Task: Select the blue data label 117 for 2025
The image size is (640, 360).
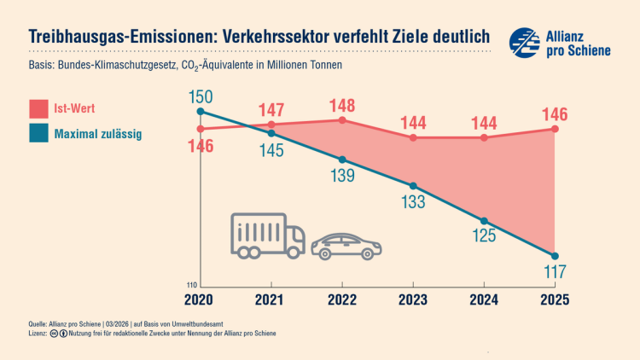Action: coord(556,273)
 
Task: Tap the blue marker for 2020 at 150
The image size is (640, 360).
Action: coord(200,111)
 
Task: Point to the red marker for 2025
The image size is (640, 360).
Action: coord(556,129)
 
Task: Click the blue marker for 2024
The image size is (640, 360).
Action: coord(485,221)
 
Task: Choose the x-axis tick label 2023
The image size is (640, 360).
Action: coord(413,299)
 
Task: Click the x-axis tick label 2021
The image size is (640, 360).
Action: coord(271,299)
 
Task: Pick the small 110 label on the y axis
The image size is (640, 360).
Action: coord(192,285)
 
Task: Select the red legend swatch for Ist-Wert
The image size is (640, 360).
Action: coord(38,109)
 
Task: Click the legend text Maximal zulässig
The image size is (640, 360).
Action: coord(97,134)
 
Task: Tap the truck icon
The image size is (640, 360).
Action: coord(267,235)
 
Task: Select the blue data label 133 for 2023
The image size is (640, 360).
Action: coord(413,202)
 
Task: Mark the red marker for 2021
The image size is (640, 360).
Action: coord(271,125)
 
